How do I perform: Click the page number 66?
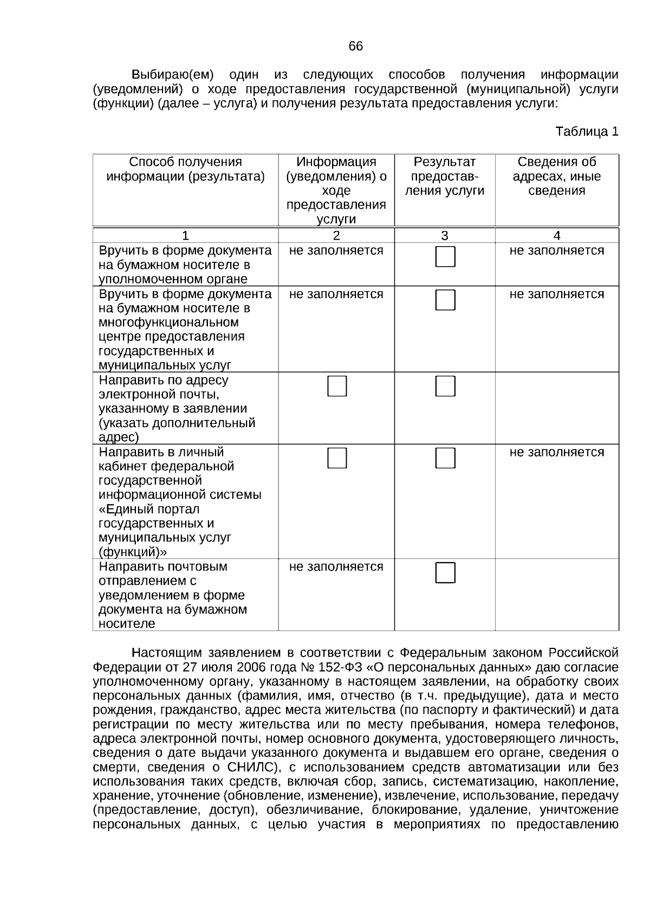pyautogui.click(x=355, y=47)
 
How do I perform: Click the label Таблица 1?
pyautogui.click(x=587, y=132)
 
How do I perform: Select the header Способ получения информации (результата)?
pyautogui.click(x=185, y=170)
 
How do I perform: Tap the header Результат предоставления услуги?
pyautogui.click(x=444, y=176)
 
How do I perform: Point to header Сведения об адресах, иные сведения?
pyautogui.click(x=556, y=176)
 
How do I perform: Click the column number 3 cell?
pyautogui.click(x=444, y=236)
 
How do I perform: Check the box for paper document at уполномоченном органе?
pyautogui.click(x=445, y=256)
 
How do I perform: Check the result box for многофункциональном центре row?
pyautogui.click(x=445, y=300)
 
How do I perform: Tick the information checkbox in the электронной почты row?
pyautogui.click(x=337, y=387)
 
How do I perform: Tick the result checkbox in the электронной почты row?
pyautogui.click(x=445, y=387)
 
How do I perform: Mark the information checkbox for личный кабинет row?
pyautogui.click(x=337, y=459)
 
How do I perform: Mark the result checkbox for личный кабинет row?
pyautogui.click(x=445, y=459)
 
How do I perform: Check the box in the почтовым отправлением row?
pyautogui.click(x=445, y=573)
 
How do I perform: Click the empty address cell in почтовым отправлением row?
pyautogui.click(x=556, y=595)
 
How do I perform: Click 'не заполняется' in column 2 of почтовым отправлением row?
pyautogui.click(x=336, y=567)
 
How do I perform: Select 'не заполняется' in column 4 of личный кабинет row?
pyautogui.click(x=556, y=453)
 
